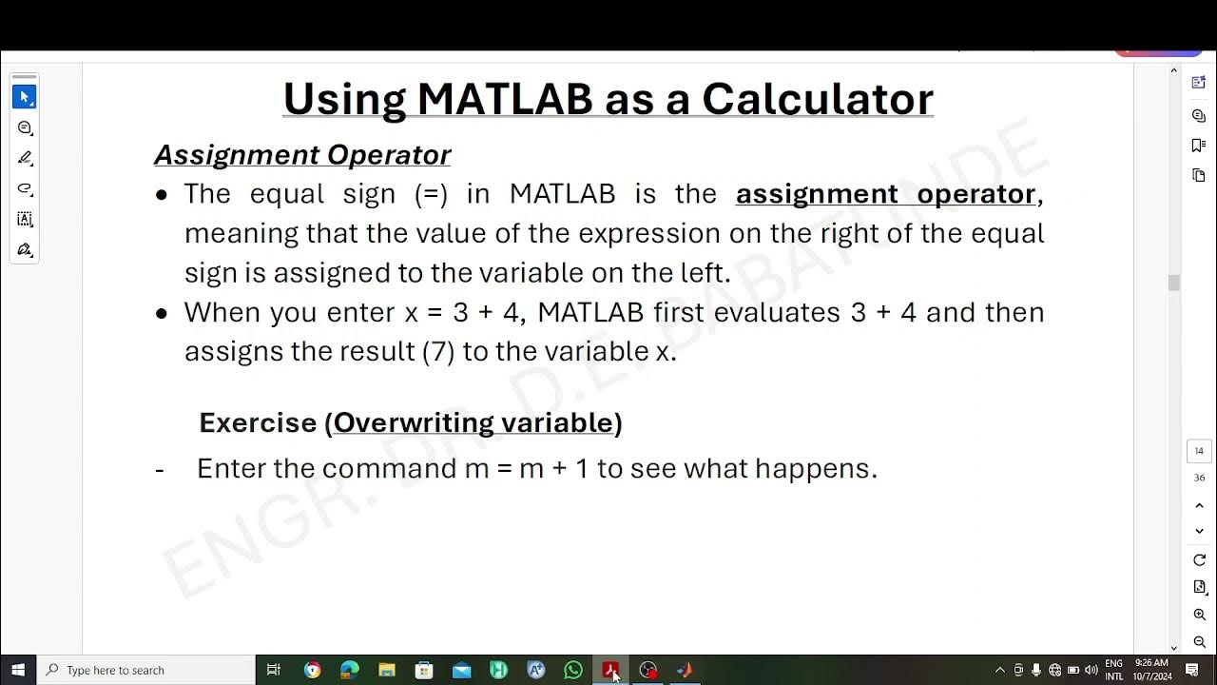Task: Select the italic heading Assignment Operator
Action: coord(302,155)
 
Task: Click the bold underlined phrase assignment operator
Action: coord(885,194)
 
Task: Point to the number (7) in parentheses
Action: coord(438,352)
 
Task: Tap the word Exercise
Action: coord(258,423)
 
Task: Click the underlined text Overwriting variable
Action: coord(473,423)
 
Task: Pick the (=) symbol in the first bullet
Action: coord(431,194)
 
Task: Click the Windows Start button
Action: coord(18,670)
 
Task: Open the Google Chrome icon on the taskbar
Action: coord(312,670)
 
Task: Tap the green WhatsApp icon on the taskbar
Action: coord(573,670)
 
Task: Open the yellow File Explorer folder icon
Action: coord(387,670)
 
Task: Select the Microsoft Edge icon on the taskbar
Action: coord(349,670)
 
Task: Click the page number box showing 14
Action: coord(1199,451)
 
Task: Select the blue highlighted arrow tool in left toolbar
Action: coord(25,97)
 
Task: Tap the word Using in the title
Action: coord(343,99)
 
